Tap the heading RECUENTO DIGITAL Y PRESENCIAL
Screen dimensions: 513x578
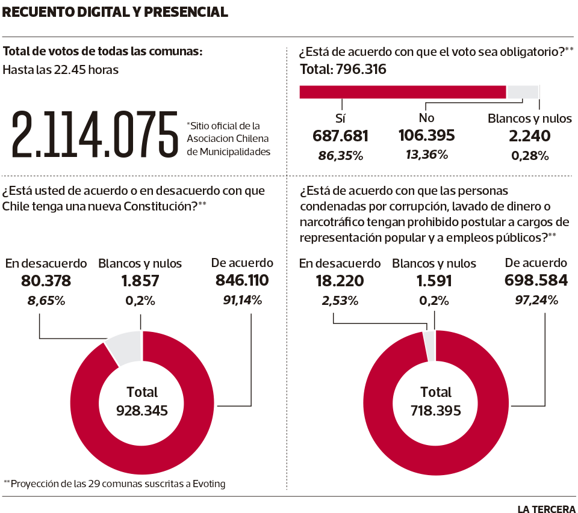(115, 12)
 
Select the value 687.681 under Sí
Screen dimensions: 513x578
(340, 136)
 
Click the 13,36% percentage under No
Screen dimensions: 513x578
(426, 155)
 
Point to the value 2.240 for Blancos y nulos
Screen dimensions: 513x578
(529, 136)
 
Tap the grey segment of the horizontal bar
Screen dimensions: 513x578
(522, 91)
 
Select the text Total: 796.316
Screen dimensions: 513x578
(343, 70)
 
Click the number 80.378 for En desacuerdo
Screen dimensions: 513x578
(46, 281)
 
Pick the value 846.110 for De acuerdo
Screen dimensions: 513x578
(241, 281)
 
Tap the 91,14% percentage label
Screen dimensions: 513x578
(242, 300)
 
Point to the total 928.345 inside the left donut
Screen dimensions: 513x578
(142, 411)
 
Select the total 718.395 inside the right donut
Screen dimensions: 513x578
(435, 411)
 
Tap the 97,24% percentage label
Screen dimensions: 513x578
(535, 300)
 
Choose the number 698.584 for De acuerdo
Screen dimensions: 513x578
(535, 281)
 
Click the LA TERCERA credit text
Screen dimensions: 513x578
(546, 508)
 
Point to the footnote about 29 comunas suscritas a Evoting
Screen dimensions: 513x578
(114, 484)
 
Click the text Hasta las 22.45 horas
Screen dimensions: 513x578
(60, 70)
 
